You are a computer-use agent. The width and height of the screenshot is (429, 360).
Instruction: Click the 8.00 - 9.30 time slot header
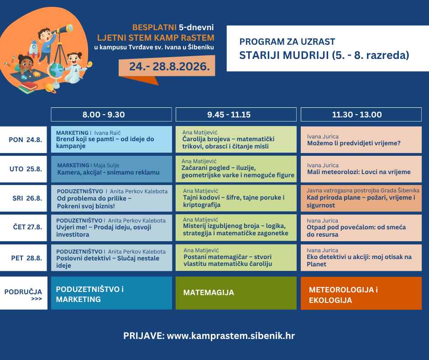(111, 115)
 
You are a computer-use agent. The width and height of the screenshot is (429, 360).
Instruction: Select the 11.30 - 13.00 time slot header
(361, 115)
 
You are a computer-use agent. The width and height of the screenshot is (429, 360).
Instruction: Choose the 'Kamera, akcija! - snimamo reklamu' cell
(111, 169)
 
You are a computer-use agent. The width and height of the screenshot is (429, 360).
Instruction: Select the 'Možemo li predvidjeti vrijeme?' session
(361, 140)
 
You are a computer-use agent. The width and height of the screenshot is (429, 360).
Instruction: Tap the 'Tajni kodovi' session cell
(236, 198)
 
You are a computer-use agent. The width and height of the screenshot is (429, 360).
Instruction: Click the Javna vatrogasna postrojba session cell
(361, 198)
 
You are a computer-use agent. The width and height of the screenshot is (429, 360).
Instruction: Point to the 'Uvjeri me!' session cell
(111, 228)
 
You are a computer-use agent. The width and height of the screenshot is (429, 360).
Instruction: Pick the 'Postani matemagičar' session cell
(236, 258)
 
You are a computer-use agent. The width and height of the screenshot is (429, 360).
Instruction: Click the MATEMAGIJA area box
(236, 293)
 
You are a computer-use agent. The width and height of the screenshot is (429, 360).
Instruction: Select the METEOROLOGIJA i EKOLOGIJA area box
(361, 293)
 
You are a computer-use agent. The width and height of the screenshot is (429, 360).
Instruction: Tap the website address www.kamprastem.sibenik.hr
(231, 336)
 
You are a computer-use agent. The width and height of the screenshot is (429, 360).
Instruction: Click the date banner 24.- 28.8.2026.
(167, 66)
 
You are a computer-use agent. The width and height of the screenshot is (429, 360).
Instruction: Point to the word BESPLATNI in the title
(154, 27)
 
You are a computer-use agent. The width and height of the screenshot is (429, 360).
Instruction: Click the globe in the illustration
(56, 70)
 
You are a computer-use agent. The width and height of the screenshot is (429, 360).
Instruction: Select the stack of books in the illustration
(28, 88)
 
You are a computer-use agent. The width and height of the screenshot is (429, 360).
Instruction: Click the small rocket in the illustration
(33, 49)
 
